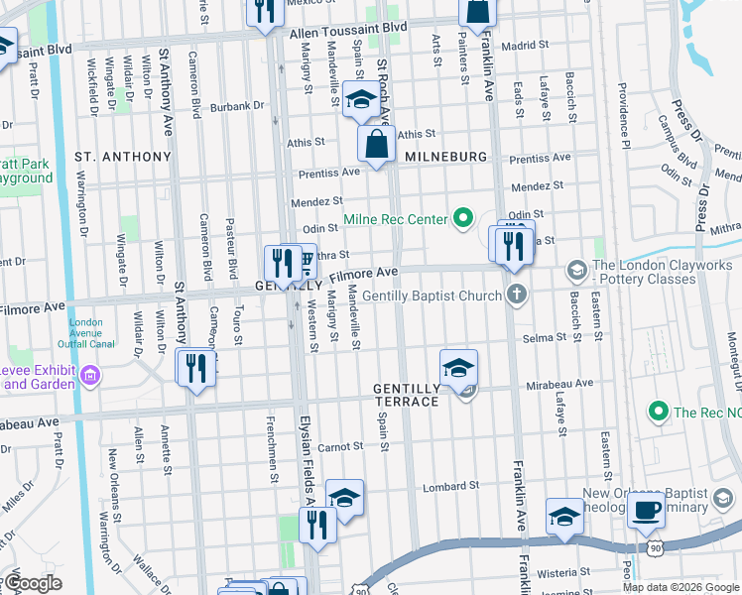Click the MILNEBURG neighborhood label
445,158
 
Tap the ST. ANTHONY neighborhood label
123,157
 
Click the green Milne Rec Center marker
461,217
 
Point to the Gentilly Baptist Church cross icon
515,294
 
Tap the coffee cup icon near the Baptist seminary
646,509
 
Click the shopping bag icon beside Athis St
378,145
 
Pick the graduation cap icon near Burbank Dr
359,101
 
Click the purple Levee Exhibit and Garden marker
90,375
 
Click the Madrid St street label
525,46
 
